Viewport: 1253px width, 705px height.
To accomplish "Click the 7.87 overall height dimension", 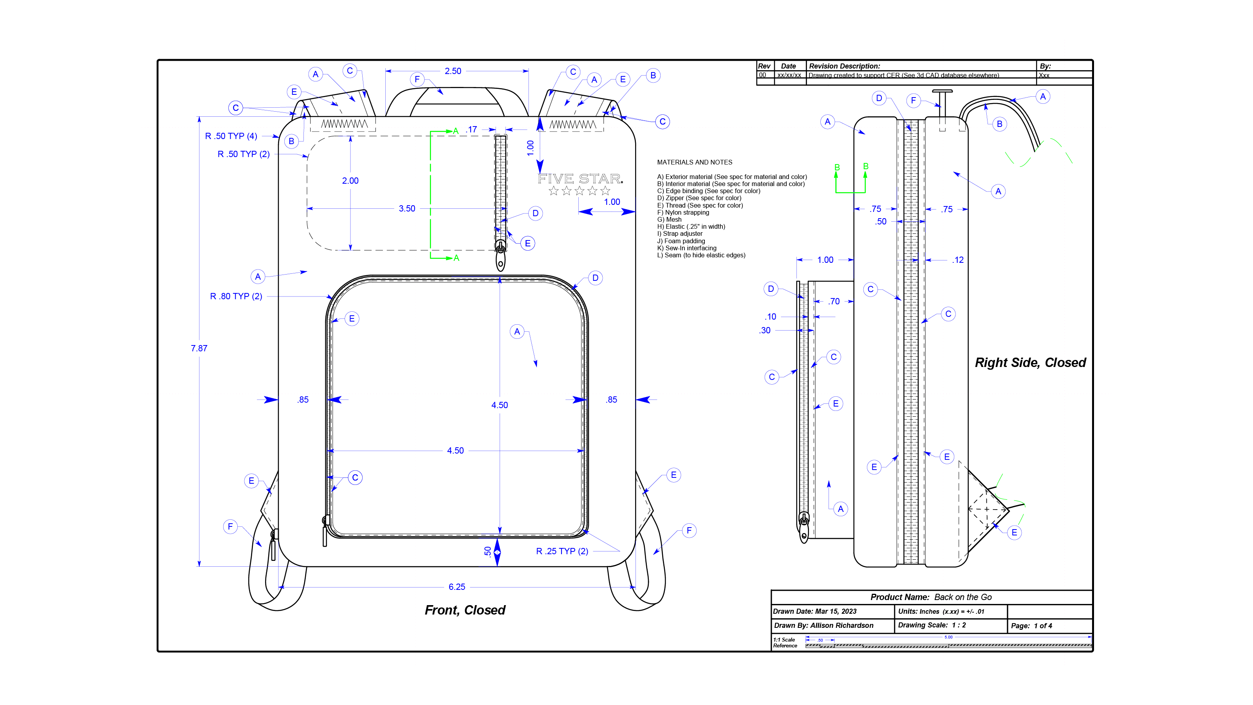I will [x=199, y=348].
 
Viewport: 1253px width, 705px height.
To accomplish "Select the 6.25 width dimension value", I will [x=457, y=587].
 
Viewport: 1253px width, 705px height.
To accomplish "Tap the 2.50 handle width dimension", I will [x=453, y=71].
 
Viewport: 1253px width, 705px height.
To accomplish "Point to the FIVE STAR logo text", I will [x=580, y=179].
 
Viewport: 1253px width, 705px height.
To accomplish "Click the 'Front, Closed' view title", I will [x=465, y=610].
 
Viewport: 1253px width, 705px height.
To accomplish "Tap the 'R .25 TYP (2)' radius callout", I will [x=562, y=551].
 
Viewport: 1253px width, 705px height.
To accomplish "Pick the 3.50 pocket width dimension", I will [x=407, y=209].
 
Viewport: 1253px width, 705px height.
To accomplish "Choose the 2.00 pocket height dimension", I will [x=350, y=181].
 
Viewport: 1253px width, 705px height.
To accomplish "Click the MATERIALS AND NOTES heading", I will [x=694, y=163].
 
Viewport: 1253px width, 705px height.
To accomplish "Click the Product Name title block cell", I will [x=931, y=597].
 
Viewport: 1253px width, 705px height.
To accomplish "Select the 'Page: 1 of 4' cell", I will [x=1031, y=626].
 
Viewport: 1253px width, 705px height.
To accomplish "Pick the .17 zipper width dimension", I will [x=472, y=129].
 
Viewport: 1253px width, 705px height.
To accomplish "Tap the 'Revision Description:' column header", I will [x=845, y=66].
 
